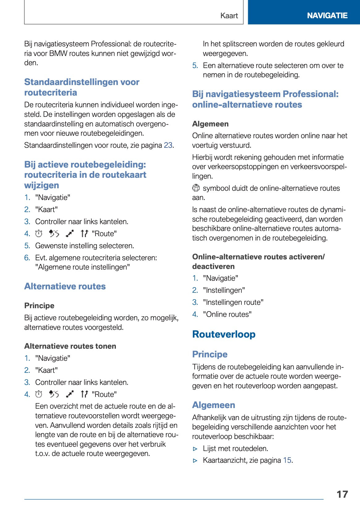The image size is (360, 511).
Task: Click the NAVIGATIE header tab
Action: (x=327, y=15)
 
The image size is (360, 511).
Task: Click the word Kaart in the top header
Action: (x=229, y=16)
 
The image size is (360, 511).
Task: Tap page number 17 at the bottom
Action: (x=342, y=494)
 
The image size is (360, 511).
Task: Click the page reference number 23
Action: (x=168, y=145)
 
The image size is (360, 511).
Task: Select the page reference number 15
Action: (x=287, y=460)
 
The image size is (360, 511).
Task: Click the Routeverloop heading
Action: (x=224, y=334)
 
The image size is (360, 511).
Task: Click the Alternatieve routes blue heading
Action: (x=65, y=286)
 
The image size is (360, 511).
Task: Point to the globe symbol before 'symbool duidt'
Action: (x=196, y=188)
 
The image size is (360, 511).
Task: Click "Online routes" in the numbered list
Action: (x=227, y=314)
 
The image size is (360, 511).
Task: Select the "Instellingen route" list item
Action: (x=233, y=302)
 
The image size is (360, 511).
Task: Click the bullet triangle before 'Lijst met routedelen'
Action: (x=195, y=449)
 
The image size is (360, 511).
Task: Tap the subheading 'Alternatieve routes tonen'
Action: (x=70, y=346)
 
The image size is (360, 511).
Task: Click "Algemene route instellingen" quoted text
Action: (x=82, y=267)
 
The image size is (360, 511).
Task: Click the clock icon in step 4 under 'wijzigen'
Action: (x=39, y=234)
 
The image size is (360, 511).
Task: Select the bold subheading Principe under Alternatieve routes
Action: (x=39, y=306)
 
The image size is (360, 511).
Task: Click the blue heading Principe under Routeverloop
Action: (x=210, y=354)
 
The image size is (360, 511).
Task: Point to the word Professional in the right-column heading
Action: (x=310, y=94)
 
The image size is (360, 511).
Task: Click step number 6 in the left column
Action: (x=27, y=258)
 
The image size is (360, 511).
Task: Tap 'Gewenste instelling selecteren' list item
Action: (x=84, y=246)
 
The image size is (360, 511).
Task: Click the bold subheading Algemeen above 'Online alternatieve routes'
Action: (x=210, y=124)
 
